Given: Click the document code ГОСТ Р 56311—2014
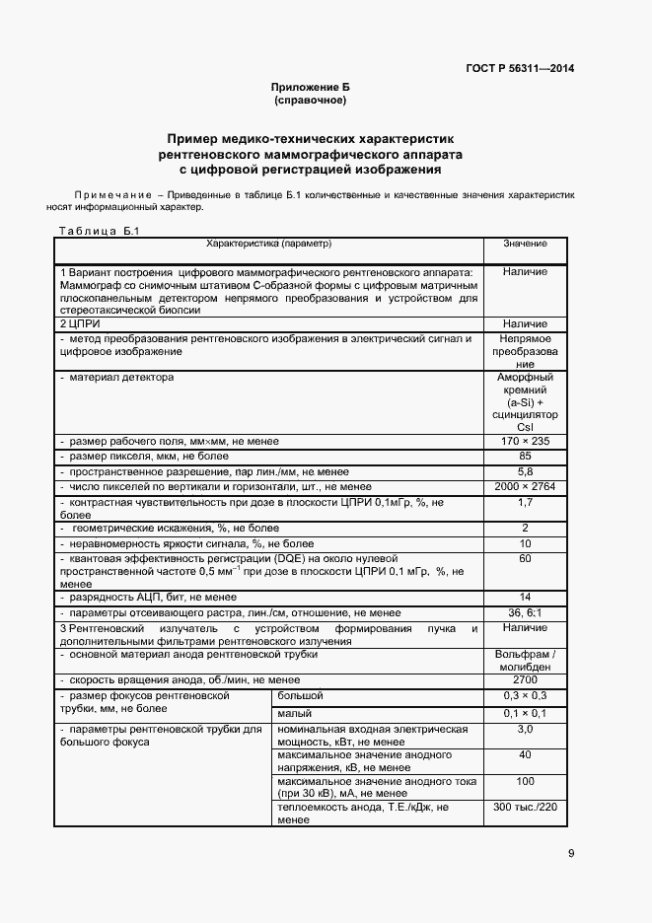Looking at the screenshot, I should (520, 68).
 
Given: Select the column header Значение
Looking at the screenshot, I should (525, 243).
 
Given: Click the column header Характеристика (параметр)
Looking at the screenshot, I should (268, 243).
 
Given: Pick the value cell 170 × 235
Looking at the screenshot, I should (525, 441).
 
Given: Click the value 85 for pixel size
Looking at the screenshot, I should (525, 457).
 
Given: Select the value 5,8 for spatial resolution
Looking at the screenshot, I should (525, 472).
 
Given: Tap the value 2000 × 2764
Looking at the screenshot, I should (525, 487).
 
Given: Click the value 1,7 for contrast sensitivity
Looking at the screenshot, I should (525, 503).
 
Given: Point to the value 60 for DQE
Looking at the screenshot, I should (525, 559).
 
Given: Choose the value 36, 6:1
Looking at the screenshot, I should (525, 612).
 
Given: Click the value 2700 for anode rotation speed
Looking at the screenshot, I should (525, 680).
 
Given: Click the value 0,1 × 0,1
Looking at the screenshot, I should (525, 712).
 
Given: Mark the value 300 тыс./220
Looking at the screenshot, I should (525, 806).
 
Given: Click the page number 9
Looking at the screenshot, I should (570, 854).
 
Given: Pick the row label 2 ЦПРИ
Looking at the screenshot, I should (81, 323).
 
